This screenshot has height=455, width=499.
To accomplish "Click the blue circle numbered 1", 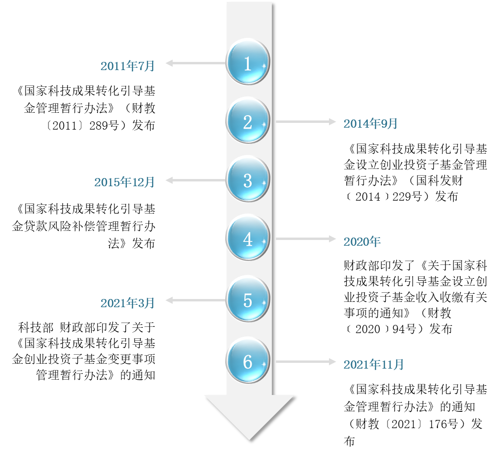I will [247, 62].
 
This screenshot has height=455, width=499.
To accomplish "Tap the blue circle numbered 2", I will [247, 121].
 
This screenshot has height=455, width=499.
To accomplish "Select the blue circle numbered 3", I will [247, 180].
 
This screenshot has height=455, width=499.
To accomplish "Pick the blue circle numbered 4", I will [247, 238].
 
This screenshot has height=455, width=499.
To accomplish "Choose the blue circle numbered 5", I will [247, 299].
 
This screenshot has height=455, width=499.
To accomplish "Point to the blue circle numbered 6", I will [247, 361].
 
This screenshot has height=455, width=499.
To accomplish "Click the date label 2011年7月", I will [128, 66].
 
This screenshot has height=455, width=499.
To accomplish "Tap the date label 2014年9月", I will [370, 124].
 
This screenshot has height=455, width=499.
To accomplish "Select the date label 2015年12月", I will [124, 182].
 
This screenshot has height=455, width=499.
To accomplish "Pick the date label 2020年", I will [362, 242].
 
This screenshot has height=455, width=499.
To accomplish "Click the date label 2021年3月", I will [128, 303].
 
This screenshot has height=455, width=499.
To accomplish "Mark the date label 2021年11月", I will [374, 365].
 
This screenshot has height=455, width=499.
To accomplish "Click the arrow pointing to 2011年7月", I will [195, 63].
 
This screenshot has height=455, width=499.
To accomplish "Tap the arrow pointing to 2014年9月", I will [305, 122].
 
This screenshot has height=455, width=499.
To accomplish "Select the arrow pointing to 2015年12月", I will [195, 180].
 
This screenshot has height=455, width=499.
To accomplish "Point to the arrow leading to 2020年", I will [305, 239].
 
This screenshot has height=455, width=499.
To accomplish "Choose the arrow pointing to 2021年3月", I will [195, 300].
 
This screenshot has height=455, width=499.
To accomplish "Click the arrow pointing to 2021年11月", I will [305, 361].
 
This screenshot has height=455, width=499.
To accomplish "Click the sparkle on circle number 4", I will [264, 241].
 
